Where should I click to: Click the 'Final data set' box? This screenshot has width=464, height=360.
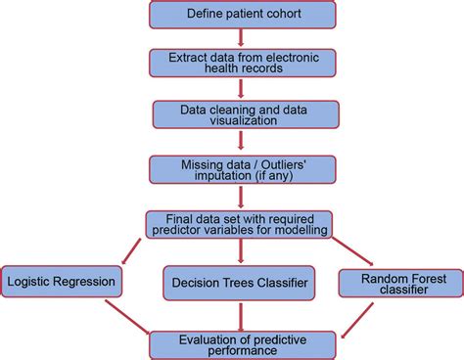click(240, 223)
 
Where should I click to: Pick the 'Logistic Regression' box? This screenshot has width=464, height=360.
click(61, 283)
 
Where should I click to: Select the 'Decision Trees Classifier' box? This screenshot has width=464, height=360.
click(239, 283)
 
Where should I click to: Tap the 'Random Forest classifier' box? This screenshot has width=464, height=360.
click(399, 284)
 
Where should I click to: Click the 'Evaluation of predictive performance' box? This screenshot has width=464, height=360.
click(241, 342)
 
